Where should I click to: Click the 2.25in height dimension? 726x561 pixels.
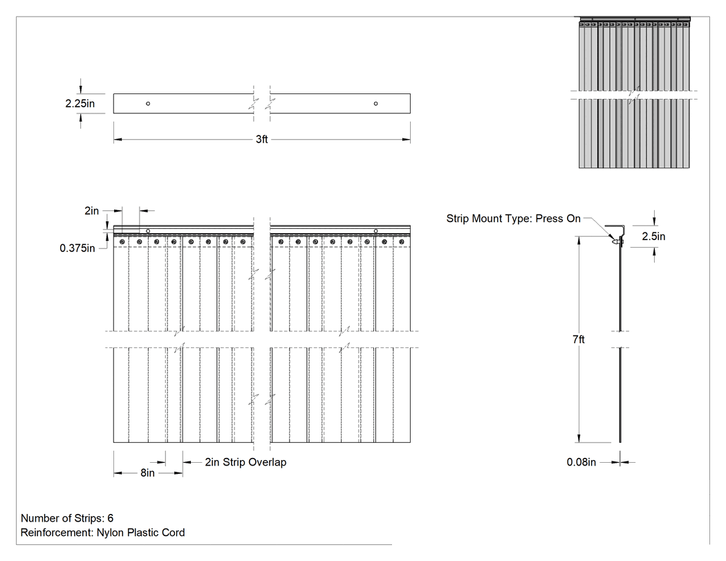coord(80,103)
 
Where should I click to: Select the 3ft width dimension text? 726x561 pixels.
coord(261,139)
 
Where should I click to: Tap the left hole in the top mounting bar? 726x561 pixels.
coord(148,103)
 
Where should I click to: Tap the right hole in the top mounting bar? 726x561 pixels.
coord(375,103)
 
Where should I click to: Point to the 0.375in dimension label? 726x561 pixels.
coord(77,248)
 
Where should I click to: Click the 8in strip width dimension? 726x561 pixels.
coord(148,472)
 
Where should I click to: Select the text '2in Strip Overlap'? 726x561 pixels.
coord(245,462)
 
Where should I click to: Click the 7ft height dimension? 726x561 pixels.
coord(578,339)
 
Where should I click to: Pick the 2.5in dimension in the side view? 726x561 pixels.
coord(653,237)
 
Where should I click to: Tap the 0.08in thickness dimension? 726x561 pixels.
coord(581,462)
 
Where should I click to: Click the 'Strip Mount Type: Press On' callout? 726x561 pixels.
coord(513,219)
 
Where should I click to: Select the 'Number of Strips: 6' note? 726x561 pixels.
coord(67,518)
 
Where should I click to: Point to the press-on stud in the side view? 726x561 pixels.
coord(617,241)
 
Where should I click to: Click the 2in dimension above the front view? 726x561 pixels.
coord(91,211)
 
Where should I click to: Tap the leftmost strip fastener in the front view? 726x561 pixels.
coord(122,242)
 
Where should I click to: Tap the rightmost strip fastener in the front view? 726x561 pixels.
coord(402,242)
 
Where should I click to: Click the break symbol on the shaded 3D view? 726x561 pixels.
coord(634,95)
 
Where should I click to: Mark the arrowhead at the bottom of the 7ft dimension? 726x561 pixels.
coord(579,439)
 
